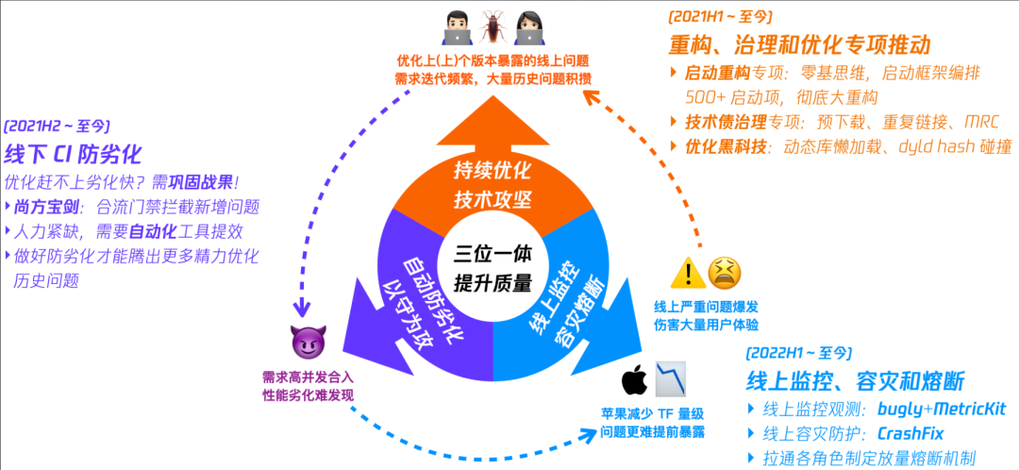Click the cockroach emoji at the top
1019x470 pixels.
point(493,28)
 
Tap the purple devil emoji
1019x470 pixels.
point(307,342)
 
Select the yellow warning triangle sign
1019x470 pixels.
point(688,274)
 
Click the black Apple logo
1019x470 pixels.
point(633,381)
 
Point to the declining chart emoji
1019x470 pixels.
point(670,379)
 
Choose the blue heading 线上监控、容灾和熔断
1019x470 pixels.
point(856,381)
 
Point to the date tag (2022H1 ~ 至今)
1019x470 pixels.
point(798,353)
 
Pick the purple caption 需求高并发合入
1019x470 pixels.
point(308,376)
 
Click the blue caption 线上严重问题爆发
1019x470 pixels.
point(707,308)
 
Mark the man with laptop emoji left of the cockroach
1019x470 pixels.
point(458,28)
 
